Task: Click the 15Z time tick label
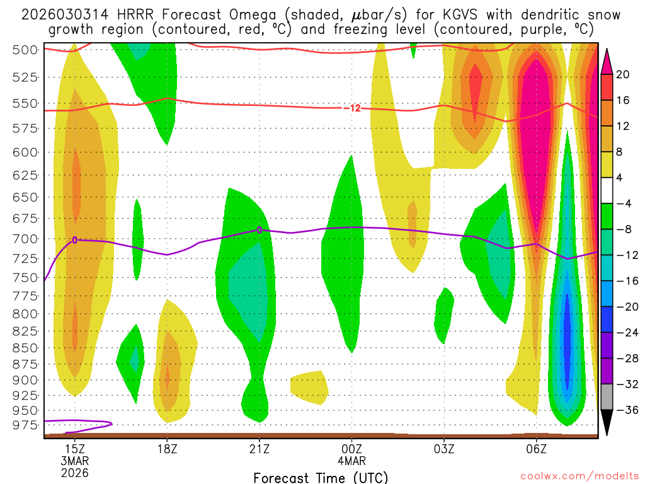tap(75, 448)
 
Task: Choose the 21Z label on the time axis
tap(260, 448)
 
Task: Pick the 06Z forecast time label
tap(536, 448)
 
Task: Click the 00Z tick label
tap(351, 448)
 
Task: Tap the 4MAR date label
tap(351, 460)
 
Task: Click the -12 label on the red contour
tap(353, 108)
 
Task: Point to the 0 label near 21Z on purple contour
tap(260, 230)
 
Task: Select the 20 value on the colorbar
tap(623, 74)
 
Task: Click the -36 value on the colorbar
tap(623, 410)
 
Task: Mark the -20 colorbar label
tap(623, 307)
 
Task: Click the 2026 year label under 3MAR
tap(75, 472)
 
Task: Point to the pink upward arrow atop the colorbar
tap(608, 60)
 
